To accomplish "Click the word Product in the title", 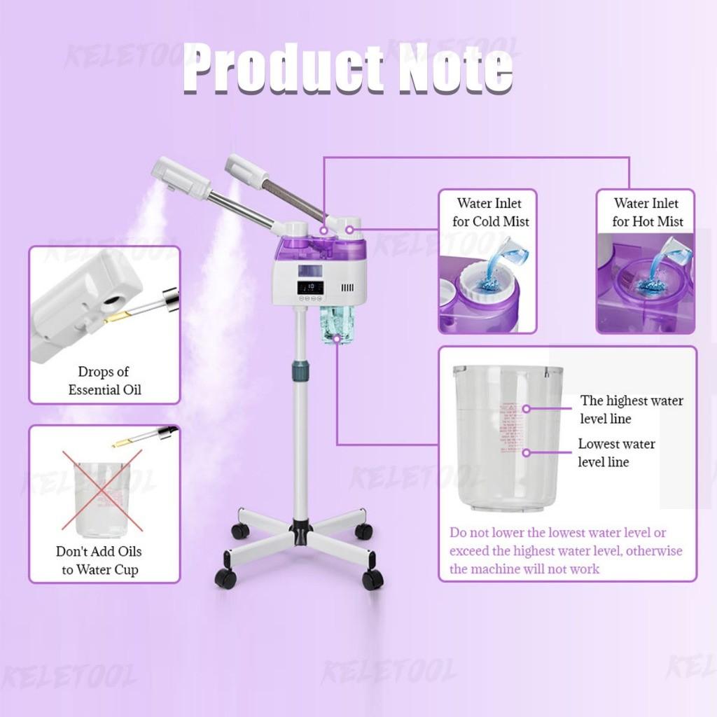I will (280, 69).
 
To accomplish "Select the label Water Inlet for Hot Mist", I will (646, 212).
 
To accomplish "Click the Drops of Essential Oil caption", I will (104, 380).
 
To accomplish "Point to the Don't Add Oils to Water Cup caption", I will (99, 560).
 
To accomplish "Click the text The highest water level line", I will (631, 410).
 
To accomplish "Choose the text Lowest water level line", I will (616, 452).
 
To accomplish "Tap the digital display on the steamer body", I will (310, 287).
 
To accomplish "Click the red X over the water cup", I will (102, 490).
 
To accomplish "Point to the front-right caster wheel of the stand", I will (373, 579).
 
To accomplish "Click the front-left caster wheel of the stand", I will (225, 578).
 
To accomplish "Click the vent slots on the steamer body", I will (347, 288).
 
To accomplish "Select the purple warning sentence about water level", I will (566, 551).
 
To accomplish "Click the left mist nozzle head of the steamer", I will (181, 176).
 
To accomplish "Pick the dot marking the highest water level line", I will (527, 408).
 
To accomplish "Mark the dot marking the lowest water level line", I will (527, 452).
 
